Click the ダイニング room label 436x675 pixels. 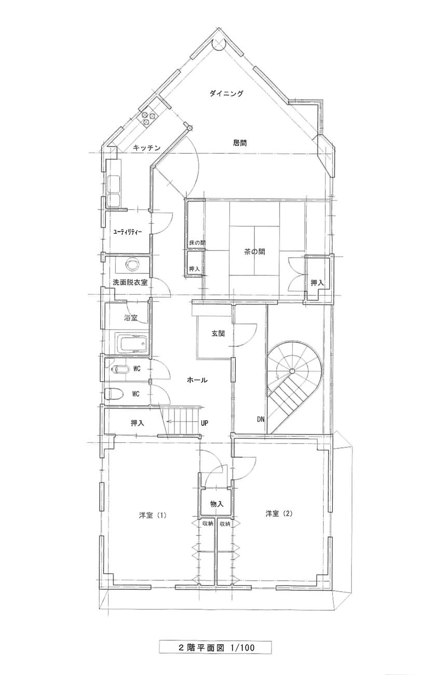click(x=226, y=94)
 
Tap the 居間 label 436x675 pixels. click(x=240, y=143)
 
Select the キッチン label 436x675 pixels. click(x=147, y=148)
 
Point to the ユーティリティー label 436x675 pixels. click(x=127, y=232)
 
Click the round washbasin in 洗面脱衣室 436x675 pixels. click(x=133, y=265)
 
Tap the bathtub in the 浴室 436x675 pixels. click(x=132, y=344)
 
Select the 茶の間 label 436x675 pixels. click(x=254, y=252)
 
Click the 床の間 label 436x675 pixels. click(x=198, y=243)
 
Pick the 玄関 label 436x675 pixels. click(x=218, y=333)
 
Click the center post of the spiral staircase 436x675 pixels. click(x=292, y=370)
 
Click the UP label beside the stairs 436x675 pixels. click(x=205, y=423)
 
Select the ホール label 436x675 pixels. click(x=197, y=380)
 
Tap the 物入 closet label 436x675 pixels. click(x=217, y=504)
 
